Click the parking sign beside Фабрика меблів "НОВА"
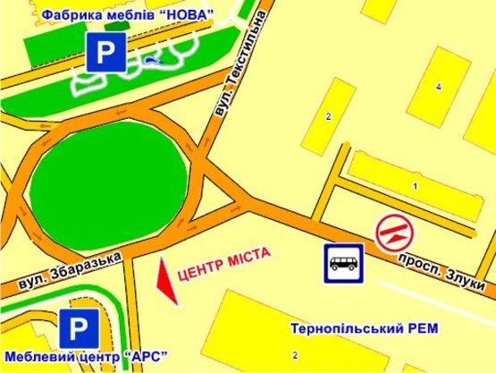tap(105, 55)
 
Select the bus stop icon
tap(343, 261)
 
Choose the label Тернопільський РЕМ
tap(365, 328)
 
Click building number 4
tap(438, 87)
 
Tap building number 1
tap(415, 185)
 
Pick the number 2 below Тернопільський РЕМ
tap(294, 355)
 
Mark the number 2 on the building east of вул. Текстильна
tap(328, 116)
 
